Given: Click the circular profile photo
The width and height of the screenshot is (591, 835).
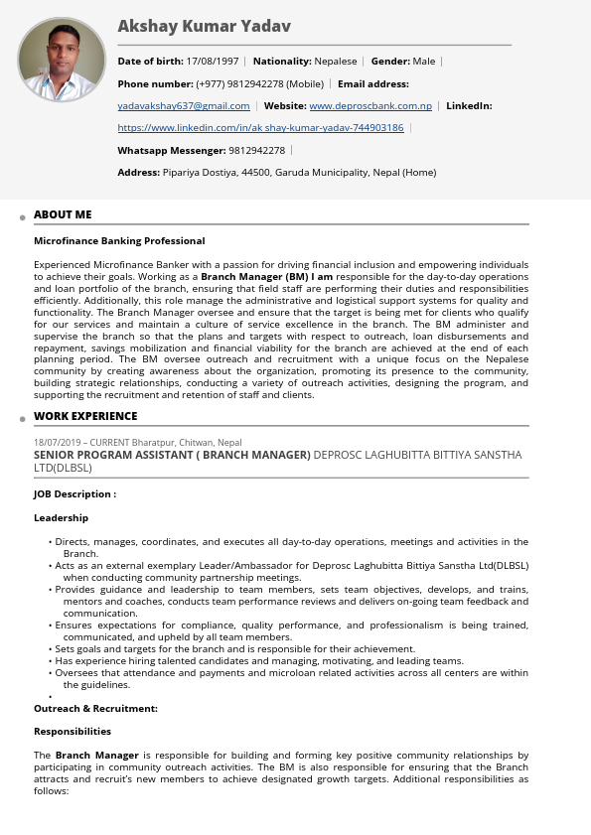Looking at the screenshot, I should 62,60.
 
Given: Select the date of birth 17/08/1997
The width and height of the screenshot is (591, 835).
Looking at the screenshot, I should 213,62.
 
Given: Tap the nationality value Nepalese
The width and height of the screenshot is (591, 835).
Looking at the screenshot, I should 336,62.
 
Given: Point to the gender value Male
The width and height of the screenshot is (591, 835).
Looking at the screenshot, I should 424,62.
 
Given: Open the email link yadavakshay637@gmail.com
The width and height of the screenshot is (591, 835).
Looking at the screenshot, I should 184,106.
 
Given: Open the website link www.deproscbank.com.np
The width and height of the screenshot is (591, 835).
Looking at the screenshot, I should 370,106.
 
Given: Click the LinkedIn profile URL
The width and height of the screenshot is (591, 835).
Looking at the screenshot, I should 260,128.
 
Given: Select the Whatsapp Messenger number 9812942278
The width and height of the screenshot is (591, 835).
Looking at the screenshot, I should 257,151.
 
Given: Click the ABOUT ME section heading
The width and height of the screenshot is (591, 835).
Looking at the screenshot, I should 63,214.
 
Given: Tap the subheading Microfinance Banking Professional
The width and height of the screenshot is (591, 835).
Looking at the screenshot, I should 119,241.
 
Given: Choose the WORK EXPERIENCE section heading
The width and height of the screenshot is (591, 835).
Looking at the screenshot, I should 85,416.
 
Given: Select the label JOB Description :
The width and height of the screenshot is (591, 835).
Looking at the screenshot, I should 74,494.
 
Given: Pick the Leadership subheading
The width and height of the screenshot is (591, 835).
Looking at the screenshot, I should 61,518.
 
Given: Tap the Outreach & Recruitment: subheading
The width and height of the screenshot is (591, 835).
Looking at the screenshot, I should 95,709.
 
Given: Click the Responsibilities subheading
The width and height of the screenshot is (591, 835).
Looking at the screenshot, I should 73,732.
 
